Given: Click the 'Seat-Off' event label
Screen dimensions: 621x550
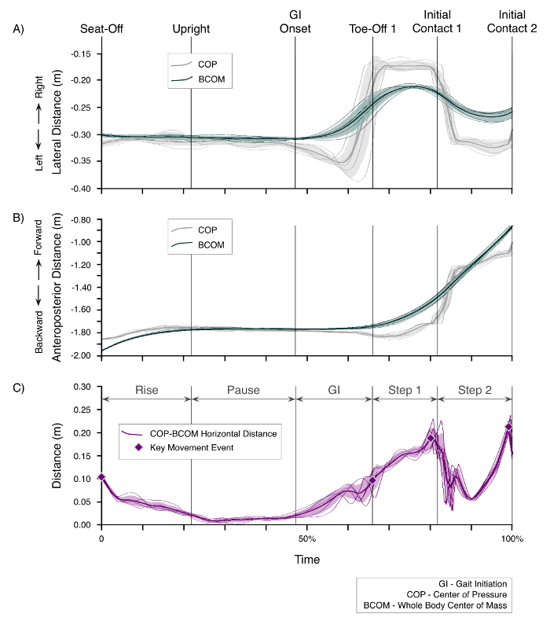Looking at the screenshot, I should click(x=101, y=29).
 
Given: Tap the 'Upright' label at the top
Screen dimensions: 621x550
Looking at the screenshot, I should click(x=191, y=29).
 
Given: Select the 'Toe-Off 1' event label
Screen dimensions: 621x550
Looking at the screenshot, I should click(x=372, y=29).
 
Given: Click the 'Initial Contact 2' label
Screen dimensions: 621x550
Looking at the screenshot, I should click(x=512, y=22).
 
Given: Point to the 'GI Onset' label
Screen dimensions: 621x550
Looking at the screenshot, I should click(x=295, y=22).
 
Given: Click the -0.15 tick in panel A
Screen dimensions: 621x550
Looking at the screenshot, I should click(x=80, y=53).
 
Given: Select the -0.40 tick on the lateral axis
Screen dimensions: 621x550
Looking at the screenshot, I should click(x=80, y=189).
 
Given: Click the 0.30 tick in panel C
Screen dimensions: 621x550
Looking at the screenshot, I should click(x=82, y=387).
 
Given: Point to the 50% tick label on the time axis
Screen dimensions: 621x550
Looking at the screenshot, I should click(x=306, y=539).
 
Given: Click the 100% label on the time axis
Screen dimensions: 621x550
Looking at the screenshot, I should click(x=511, y=539).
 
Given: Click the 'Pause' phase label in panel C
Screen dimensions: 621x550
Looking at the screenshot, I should click(x=243, y=389).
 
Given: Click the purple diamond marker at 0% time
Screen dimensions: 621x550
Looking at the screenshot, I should click(x=101, y=477).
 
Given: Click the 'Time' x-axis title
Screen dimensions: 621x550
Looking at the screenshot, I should click(x=306, y=560).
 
